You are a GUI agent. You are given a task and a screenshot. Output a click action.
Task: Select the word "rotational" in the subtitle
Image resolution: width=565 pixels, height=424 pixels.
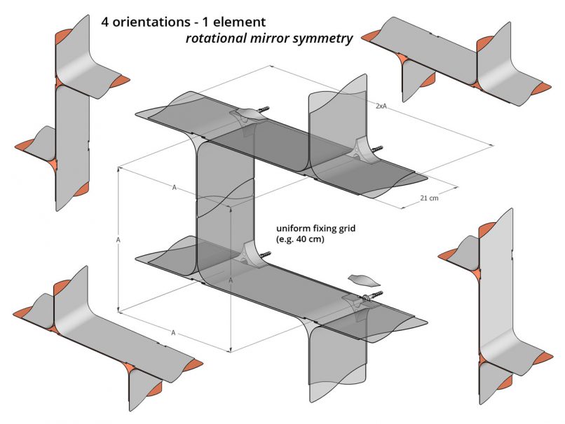coord(214,39)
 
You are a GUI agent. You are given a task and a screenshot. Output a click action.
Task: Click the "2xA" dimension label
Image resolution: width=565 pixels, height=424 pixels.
coord(381,105)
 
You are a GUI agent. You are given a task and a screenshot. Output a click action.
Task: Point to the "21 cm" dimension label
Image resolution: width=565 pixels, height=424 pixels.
coord(430,198)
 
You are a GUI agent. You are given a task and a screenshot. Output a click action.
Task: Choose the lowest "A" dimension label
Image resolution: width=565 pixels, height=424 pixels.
coord(173,332)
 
